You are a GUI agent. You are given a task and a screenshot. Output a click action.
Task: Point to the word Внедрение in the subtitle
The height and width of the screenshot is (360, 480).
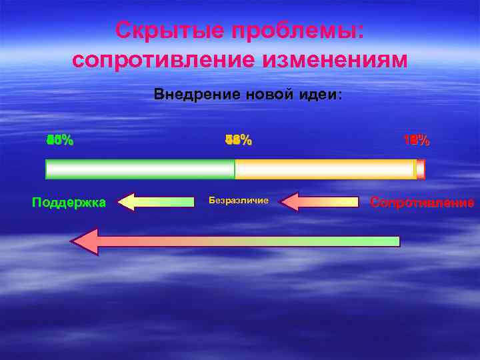[x=193, y=95]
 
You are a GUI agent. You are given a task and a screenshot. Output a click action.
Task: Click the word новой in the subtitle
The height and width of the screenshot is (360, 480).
[x=262, y=95]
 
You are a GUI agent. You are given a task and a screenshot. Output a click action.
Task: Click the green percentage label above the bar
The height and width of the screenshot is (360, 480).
[x=60, y=141]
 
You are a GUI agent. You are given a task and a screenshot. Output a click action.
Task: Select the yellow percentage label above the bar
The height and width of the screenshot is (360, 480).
[x=239, y=141]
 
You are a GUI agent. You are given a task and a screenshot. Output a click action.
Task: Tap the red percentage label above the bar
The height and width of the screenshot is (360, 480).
[x=417, y=141]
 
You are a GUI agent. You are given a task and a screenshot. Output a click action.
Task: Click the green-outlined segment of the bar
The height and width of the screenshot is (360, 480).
[x=140, y=169]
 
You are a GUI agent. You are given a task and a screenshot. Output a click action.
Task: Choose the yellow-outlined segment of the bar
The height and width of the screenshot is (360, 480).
[x=325, y=169]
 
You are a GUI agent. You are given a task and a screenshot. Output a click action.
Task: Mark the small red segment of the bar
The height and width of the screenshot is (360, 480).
[x=420, y=169]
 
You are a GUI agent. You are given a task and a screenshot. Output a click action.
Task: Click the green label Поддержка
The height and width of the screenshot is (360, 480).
[x=69, y=202]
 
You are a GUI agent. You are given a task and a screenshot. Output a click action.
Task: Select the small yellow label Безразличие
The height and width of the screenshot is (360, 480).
[x=238, y=200]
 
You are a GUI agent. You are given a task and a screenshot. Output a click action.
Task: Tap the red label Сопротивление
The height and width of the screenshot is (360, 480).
[x=422, y=202]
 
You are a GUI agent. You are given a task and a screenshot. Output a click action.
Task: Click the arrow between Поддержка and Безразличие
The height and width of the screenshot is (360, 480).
[x=157, y=201]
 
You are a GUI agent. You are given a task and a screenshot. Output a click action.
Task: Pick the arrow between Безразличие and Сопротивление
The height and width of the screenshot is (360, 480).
[x=319, y=201]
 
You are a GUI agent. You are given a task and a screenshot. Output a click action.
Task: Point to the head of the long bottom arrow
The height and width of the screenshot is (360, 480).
[x=87, y=241]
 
